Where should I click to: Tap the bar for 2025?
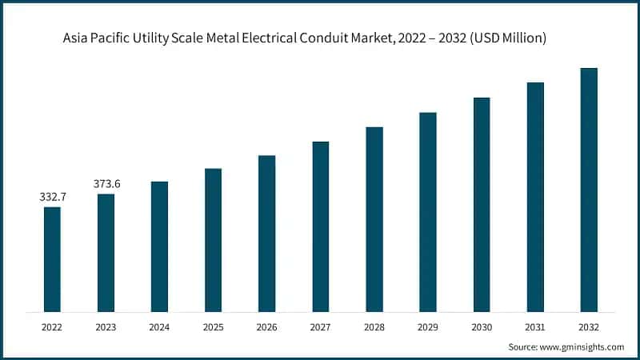point(213,239)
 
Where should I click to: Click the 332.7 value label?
point(52,196)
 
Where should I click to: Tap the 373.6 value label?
point(106,183)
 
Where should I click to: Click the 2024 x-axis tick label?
point(159,327)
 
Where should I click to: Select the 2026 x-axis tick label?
point(266,327)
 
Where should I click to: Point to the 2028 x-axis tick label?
point(374,327)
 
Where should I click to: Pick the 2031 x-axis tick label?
point(535,327)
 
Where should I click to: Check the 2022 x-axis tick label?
point(52,327)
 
